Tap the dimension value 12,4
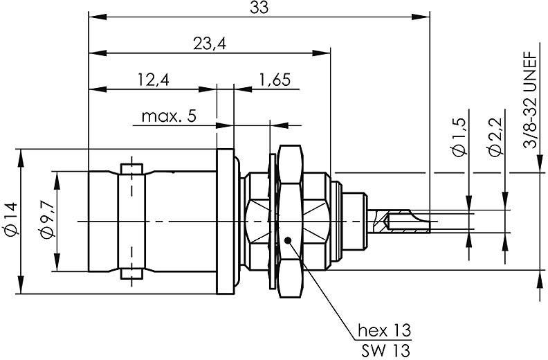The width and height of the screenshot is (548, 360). pos(153,80)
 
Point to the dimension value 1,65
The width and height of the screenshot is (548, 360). pos(275,80)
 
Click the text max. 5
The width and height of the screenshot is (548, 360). pos(169,116)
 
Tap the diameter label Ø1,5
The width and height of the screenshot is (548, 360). pos(458,138)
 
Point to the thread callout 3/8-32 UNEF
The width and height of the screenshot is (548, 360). pos(531,100)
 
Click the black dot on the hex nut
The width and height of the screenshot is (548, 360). pos(288,240)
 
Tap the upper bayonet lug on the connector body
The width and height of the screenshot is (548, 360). pos(130,169)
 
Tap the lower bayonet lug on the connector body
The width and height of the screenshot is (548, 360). pos(130,273)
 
